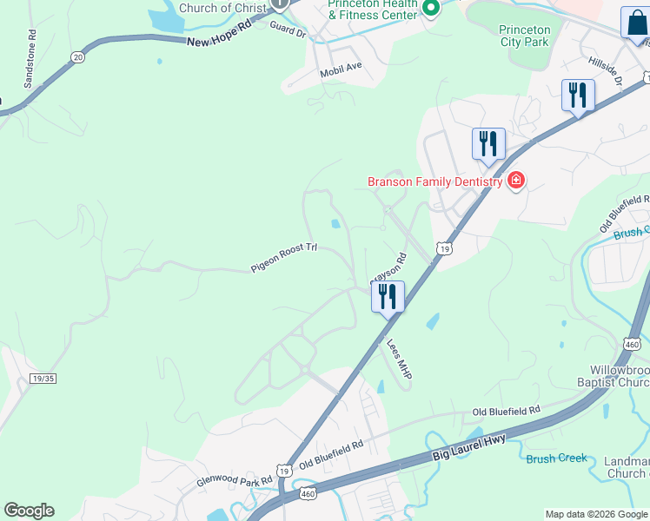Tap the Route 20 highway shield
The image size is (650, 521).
click(78, 56)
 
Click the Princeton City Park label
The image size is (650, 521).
click(524, 36)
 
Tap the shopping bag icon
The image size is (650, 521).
click(635, 23)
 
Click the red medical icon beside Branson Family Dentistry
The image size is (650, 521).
click(516, 181)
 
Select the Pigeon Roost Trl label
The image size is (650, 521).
click(284, 258)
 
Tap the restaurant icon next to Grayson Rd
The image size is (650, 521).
click(388, 297)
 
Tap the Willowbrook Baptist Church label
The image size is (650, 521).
click(614, 376)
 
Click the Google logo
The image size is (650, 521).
click(29, 511)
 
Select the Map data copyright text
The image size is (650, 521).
click(595, 514)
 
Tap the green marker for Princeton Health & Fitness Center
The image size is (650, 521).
click(429, 9)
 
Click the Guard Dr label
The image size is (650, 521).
click(289, 30)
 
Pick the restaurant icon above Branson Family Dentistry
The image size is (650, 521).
click(488, 143)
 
